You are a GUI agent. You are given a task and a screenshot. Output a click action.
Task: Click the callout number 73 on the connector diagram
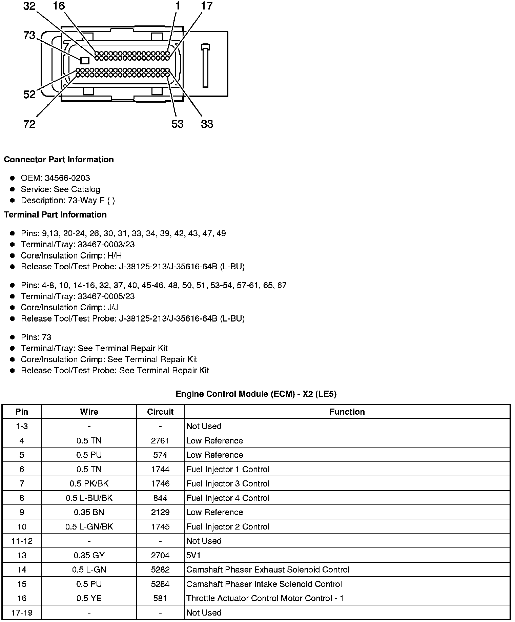coord(29,35)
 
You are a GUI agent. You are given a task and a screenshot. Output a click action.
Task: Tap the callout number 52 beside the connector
coord(29,94)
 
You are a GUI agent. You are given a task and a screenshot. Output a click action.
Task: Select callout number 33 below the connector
coord(207,124)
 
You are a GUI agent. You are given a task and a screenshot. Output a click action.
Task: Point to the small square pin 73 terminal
coord(85,61)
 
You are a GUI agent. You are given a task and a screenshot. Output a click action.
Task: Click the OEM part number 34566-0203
coord(67,178)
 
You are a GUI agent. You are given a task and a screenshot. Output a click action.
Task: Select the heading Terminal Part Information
coord(55,214)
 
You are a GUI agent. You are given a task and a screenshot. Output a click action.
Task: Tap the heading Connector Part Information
coord(59,160)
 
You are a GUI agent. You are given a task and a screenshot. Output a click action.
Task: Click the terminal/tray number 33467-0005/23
coord(106,296)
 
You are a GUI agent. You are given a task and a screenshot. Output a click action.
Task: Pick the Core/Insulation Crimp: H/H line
coord(71,255)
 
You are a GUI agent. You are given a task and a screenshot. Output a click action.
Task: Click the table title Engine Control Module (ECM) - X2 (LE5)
coord(256,394)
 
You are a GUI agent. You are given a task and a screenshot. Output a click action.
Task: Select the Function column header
coord(347,412)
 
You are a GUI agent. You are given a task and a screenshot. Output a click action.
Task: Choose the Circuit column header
coord(160,412)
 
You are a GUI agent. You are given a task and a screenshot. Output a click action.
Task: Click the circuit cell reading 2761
coord(160,440)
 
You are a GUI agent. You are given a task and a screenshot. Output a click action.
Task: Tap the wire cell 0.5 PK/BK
coord(89,483)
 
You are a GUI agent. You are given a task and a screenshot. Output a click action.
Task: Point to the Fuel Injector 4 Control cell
coord(228,498)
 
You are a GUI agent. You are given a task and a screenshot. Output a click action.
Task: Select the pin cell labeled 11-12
coord(22,541)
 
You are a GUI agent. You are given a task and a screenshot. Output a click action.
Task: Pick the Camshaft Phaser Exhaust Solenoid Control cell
coord(268,569)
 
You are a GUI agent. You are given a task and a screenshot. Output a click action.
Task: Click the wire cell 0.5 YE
coord(89,598)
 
